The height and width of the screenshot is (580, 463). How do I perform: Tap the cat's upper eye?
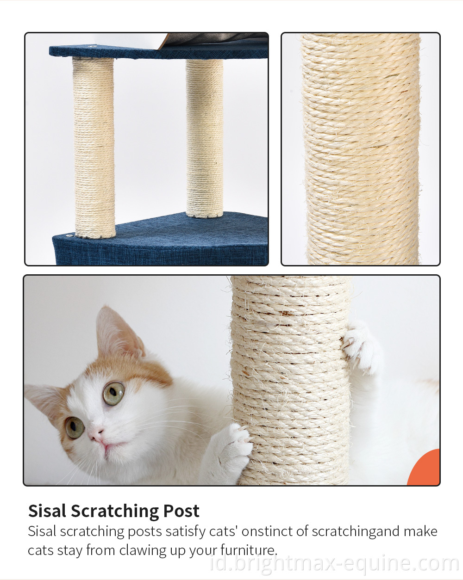(114, 394)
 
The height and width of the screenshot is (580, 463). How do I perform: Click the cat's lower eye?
(74, 427)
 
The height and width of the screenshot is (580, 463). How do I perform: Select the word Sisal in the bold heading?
(47, 511)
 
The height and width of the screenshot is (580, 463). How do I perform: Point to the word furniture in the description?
(249, 550)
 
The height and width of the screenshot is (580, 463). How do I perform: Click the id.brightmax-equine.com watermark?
(334, 564)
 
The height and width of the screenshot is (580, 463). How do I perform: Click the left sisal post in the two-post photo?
(94, 148)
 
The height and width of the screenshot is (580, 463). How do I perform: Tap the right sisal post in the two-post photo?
(205, 139)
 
